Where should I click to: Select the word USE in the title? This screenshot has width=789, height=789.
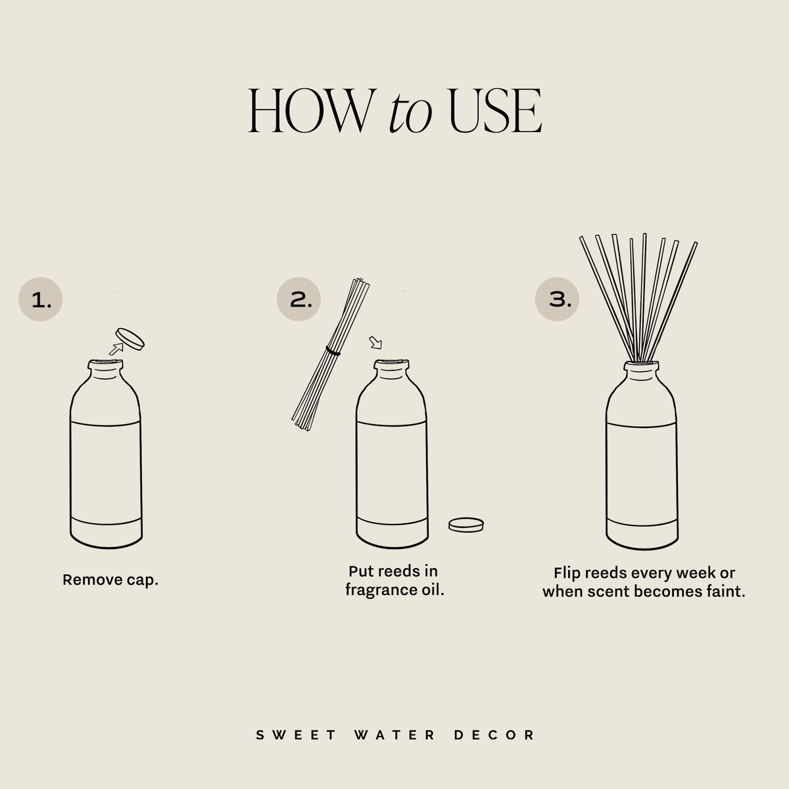pyautogui.click(x=494, y=112)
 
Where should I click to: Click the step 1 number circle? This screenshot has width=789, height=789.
pyautogui.click(x=40, y=300)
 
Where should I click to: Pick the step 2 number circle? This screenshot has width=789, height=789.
pyautogui.click(x=298, y=300)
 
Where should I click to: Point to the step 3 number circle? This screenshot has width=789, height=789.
pyautogui.click(x=557, y=300)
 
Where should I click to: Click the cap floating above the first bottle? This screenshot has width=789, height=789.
pyautogui.click(x=130, y=339)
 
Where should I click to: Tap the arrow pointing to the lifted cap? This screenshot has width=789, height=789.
pyautogui.click(x=116, y=350)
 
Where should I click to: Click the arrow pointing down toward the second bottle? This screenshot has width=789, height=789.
pyautogui.click(x=375, y=343)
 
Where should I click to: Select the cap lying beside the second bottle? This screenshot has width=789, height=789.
pyautogui.click(x=466, y=524)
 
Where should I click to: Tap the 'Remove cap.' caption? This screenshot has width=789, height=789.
pyautogui.click(x=110, y=580)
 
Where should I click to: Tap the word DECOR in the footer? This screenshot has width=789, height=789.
pyautogui.click(x=494, y=734)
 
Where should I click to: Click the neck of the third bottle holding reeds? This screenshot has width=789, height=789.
pyautogui.click(x=641, y=373)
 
